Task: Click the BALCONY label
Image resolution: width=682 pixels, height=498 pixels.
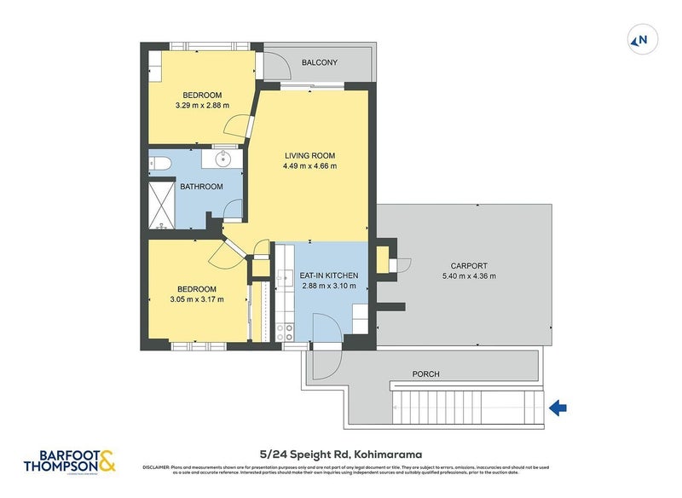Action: click(320, 62)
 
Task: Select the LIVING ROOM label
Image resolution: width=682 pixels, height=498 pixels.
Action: click(309, 155)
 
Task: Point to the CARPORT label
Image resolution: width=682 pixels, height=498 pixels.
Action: click(465, 265)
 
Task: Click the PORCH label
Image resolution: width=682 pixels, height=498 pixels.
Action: click(425, 373)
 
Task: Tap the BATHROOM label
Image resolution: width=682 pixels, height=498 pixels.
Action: click(201, 187)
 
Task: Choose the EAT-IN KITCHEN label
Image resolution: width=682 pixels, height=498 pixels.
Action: click(328, 275)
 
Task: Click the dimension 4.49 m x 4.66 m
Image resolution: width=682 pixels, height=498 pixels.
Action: click(309, 166)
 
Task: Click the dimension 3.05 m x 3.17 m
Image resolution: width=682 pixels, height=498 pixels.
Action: click(196, 299)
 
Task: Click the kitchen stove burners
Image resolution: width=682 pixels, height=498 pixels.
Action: click(288, 332)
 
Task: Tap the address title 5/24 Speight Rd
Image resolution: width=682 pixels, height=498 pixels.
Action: click(341, 455)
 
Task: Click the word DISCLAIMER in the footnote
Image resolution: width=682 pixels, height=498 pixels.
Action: click(156, 467)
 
